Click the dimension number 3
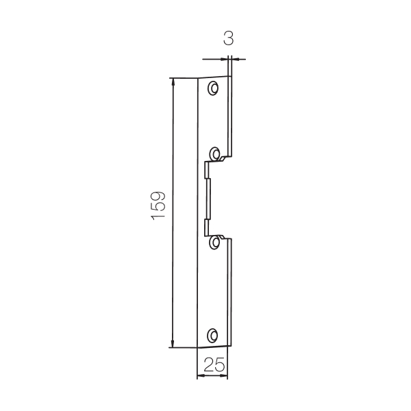(228, 38)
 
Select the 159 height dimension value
(158, 206)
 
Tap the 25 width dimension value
(214, 364)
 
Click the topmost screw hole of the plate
(213, 88)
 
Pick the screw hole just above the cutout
(214, 154)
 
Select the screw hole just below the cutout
(214, 242)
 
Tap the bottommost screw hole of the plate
(212, 336)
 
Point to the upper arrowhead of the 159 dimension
(173, 82)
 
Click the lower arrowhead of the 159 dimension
(172, 344)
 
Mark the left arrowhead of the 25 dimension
(201, 376)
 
